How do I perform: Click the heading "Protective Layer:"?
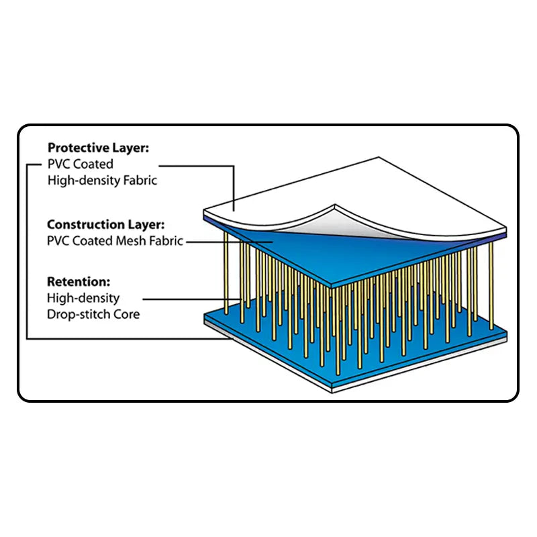pos(99,148)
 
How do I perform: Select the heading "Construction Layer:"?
pos(105,225)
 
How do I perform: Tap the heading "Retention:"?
pos(79,282)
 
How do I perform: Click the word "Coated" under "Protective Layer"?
pos(93,164)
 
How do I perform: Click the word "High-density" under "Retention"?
pos(83,297)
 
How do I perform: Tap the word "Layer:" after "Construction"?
pos(145,225)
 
